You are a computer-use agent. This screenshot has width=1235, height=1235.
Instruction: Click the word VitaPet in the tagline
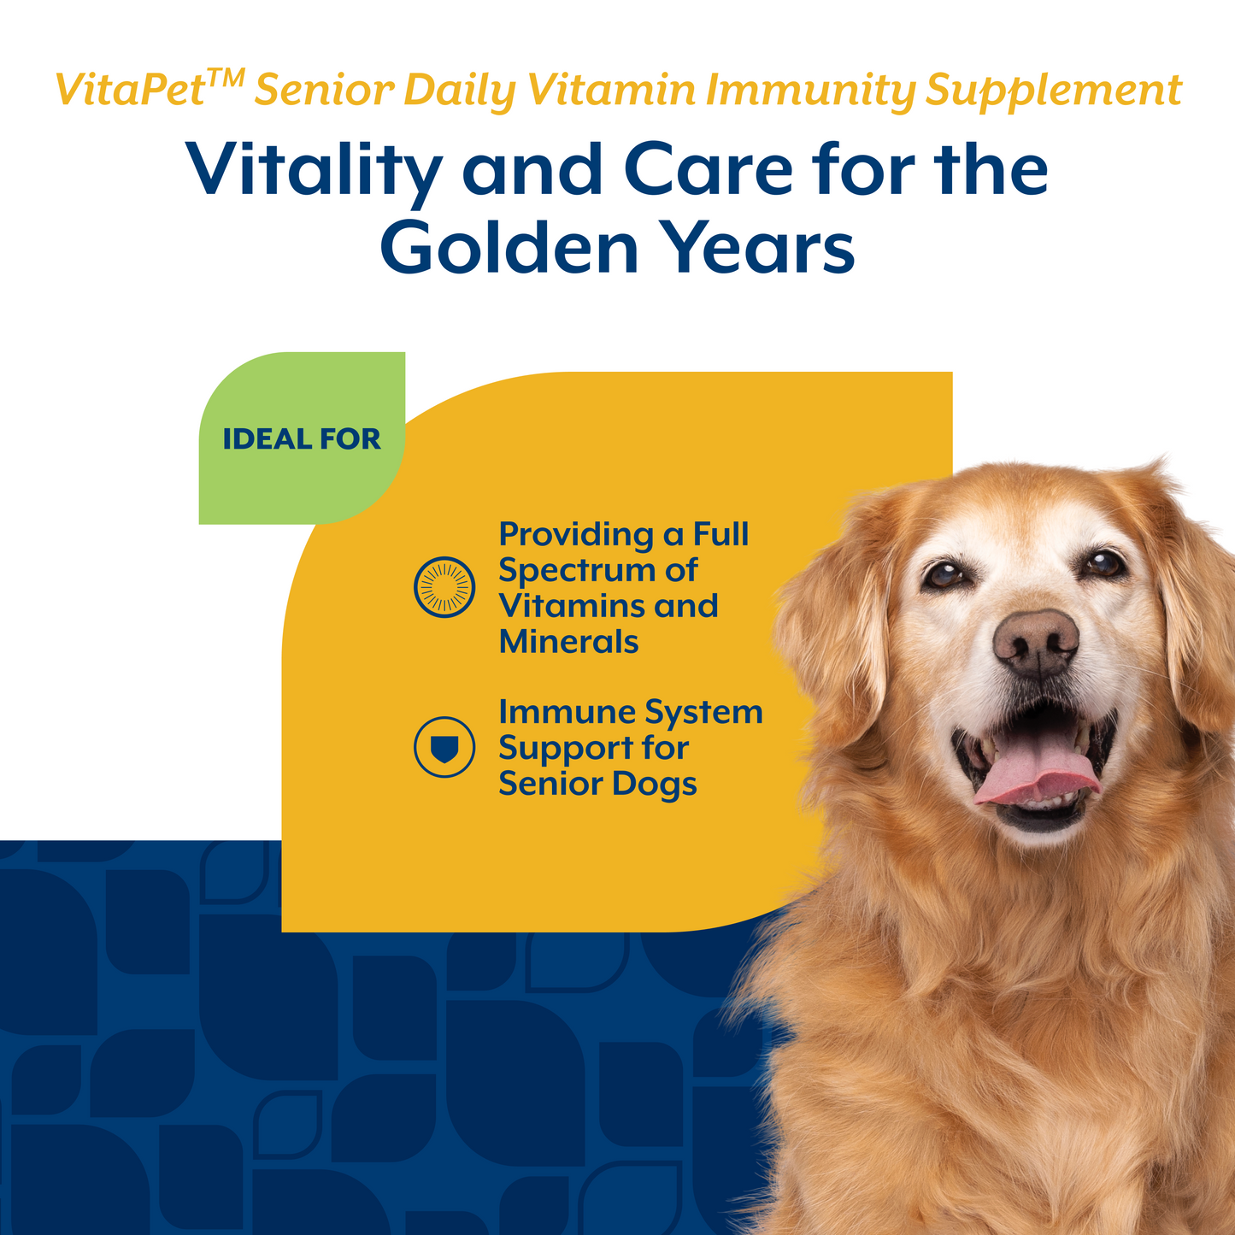[x=129, y=91]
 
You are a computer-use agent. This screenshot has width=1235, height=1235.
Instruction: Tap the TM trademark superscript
[x=226, y=79]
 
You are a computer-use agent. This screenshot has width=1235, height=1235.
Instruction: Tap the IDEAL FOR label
[x=302, y=439]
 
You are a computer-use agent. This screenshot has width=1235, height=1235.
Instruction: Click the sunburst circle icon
[x=444, y=587]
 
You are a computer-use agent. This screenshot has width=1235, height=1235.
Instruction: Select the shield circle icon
[x=444, y=747]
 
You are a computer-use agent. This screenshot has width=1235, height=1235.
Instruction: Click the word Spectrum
[x=598, y=571]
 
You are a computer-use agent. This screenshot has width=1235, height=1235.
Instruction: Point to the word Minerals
[x=568, y=642]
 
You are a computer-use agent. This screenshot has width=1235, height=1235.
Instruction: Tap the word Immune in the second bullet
[x=566, y=712]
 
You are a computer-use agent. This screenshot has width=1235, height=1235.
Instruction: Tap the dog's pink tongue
[x=1037, y=769]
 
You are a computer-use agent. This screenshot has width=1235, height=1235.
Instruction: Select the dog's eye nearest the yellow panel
[x=945, y=574]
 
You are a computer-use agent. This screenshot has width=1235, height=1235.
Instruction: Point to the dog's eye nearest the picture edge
[x=1103, y=563]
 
